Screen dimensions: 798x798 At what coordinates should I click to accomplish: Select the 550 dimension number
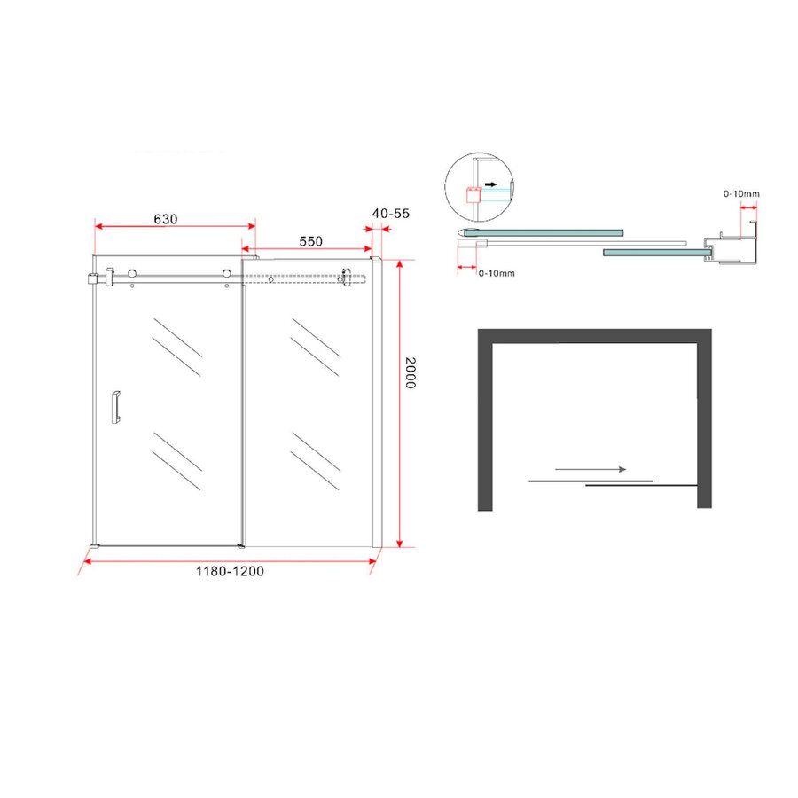tap(309, 241)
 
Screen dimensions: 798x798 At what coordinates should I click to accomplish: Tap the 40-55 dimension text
tap(391, 214)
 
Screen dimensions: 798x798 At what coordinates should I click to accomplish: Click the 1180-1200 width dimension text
tap(230, 571)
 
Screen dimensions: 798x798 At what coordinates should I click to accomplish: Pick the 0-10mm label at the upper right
tap(741, 193)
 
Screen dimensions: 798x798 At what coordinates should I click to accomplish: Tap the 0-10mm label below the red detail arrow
tap(496, 273)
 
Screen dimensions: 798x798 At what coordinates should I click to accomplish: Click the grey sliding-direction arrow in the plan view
tap(591, 469)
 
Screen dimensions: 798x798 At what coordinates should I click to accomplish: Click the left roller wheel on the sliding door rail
tap(132, 275)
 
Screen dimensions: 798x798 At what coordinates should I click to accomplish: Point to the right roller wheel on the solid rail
tap(228, 275)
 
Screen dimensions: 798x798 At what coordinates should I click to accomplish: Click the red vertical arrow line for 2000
tap(400, 403)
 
